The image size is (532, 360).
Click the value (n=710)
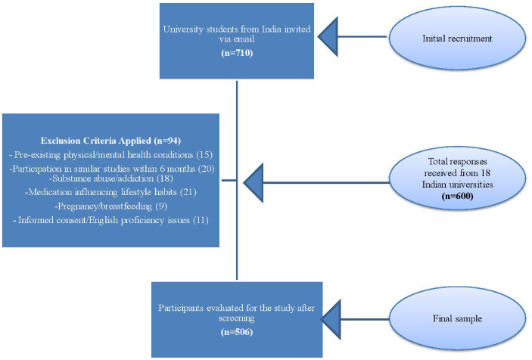pos(237,54)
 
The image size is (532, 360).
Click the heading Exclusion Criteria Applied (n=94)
pos(110,141)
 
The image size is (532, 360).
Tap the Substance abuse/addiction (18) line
pos(110,178)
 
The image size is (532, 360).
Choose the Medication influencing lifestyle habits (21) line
pos(110,191)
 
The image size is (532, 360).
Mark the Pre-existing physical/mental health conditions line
pos(110,154)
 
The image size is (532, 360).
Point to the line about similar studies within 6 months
pos(110,166)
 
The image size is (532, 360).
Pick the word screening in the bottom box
pos(237,318)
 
